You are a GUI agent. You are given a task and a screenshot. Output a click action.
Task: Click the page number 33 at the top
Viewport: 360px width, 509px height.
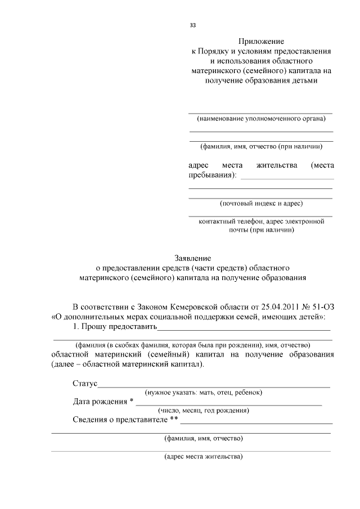point(192,25)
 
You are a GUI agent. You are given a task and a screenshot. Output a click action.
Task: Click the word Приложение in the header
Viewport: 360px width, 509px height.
point(261,42)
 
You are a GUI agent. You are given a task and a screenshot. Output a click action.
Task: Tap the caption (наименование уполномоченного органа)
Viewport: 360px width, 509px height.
point(261,119)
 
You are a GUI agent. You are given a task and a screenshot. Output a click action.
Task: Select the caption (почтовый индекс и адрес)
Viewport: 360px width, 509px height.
point(261,203)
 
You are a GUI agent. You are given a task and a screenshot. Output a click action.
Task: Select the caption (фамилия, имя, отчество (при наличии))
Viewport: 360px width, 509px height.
point(261,146)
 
